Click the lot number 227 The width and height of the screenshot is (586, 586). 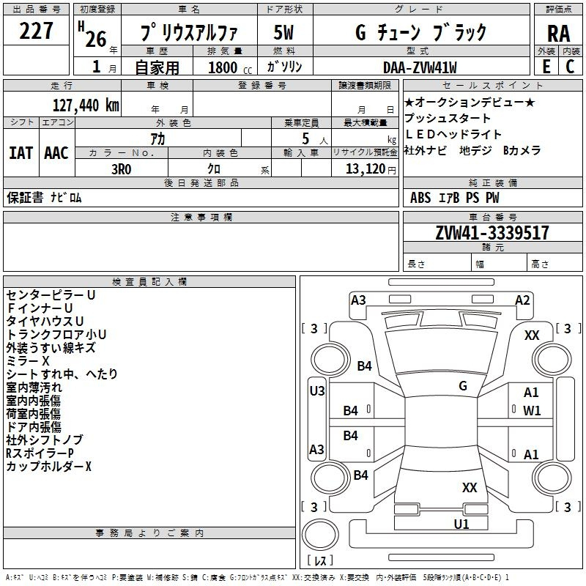point(36,31)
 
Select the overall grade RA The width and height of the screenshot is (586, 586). point(558,34)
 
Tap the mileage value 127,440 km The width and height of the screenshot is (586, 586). point(86,105)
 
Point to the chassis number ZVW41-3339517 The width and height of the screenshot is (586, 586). point(492,233)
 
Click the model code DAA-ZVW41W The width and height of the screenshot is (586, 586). point(420,67)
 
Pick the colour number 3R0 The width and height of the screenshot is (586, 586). point(121,169)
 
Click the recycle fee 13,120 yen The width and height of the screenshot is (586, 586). point(371,169)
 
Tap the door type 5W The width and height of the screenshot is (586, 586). point(283,32)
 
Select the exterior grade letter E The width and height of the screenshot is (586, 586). point(546,67)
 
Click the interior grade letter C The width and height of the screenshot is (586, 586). point(570,67)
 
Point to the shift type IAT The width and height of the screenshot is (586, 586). point(21,153)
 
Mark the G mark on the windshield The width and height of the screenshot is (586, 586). point(463,385)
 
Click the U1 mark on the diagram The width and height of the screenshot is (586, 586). point(461,524)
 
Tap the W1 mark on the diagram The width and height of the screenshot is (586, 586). point(532,411)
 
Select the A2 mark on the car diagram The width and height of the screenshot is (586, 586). point(522,300)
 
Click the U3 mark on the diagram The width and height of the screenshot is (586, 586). point(317,391)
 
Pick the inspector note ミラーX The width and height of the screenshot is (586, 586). point(28,360)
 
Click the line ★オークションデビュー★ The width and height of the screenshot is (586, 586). point(470,102)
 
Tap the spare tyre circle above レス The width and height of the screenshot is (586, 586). point(320,535)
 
